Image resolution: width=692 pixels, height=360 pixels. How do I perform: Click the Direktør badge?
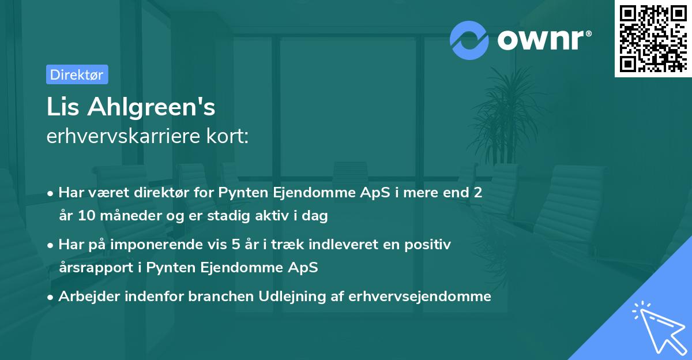tap(77, 74)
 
